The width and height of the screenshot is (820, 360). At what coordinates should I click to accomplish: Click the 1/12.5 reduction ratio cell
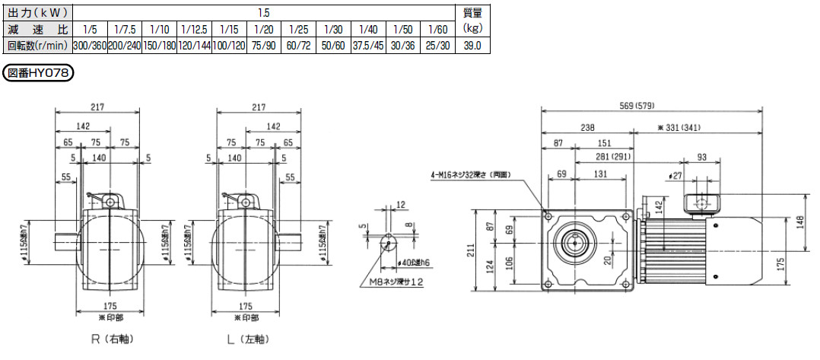point(194,28)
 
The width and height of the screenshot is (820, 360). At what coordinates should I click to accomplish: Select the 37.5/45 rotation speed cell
point(368,46)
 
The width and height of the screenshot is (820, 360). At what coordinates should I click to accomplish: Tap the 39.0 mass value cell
point(473,46)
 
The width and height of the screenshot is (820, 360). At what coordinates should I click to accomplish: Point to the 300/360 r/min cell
point(90,46)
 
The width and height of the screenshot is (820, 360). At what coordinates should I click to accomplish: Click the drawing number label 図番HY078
point(38,73)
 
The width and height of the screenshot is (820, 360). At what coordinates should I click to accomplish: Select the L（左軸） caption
point(248,339)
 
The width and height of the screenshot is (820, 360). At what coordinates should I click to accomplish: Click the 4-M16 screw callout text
point(470,174)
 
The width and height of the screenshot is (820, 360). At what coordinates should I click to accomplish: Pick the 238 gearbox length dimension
point(587,127)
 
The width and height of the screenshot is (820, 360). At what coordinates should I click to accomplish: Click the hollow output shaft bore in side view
point(575,241)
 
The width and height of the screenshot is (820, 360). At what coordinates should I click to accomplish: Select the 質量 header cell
point(473,12)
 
